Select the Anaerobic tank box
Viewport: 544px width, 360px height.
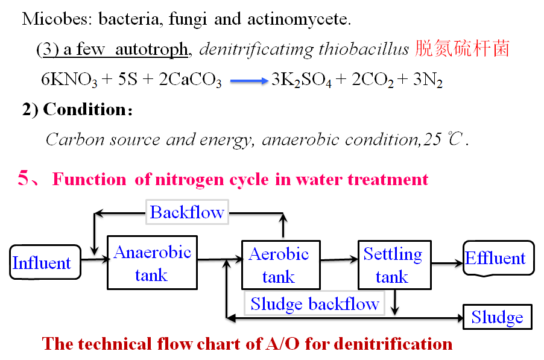coord(152,263)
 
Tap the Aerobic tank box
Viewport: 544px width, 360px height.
coord(279,264)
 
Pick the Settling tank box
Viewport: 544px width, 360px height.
coord(393,264)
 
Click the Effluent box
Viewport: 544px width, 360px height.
coord(498,258)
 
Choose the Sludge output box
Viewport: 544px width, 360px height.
coord(497,317)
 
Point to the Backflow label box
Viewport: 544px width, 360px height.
coord(187,212)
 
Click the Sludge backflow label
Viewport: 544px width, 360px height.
coord(315,303)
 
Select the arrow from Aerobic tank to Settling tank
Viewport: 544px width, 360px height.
coord(338,261)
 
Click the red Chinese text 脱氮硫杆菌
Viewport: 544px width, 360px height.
coord(462,49)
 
